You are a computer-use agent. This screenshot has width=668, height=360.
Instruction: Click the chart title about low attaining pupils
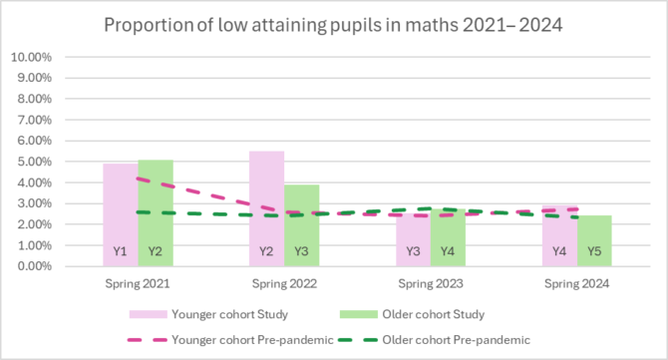click(x=333, y=25)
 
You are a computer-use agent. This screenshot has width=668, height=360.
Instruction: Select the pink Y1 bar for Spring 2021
click(x=121, y=214)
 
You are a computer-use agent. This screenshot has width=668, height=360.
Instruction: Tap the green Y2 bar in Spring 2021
click(x=156, y=213)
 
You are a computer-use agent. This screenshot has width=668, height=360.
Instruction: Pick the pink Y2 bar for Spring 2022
click(x=266, y=208)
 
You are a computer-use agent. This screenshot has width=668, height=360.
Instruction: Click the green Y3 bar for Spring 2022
click(x=302, y=225)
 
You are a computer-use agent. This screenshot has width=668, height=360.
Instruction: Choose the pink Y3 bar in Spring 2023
click(x=413, y=240)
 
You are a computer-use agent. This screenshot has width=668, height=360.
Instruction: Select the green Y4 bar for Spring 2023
click(x=448, y=237)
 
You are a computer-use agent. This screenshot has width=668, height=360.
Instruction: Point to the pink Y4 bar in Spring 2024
click(x=559, y=236)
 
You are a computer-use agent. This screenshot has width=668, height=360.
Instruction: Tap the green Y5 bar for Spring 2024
click(x=594, y=240)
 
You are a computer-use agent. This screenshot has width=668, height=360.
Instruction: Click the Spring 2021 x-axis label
click(x=138, y=284)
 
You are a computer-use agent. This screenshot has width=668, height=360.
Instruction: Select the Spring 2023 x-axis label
click(x=431, y=284)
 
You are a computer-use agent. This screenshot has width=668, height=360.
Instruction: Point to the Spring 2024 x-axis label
click(x=577, y=284)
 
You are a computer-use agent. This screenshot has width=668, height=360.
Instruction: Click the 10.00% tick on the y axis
click(x=31, y=57)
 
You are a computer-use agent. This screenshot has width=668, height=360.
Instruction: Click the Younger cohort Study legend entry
click(x=208, y=314)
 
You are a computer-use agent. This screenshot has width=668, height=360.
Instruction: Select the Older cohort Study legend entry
click(x=413, y=314)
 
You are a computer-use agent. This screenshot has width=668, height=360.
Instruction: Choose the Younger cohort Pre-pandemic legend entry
click(x=230, y=340)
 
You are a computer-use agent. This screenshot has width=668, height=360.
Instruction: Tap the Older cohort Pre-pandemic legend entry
click(x=435, y=340)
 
